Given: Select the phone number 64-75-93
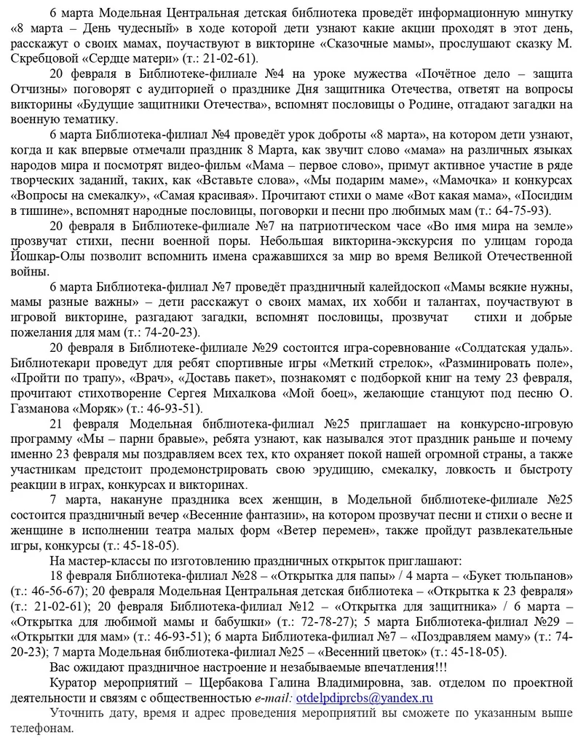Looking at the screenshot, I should pyautogui.click(x=522, y=210).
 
